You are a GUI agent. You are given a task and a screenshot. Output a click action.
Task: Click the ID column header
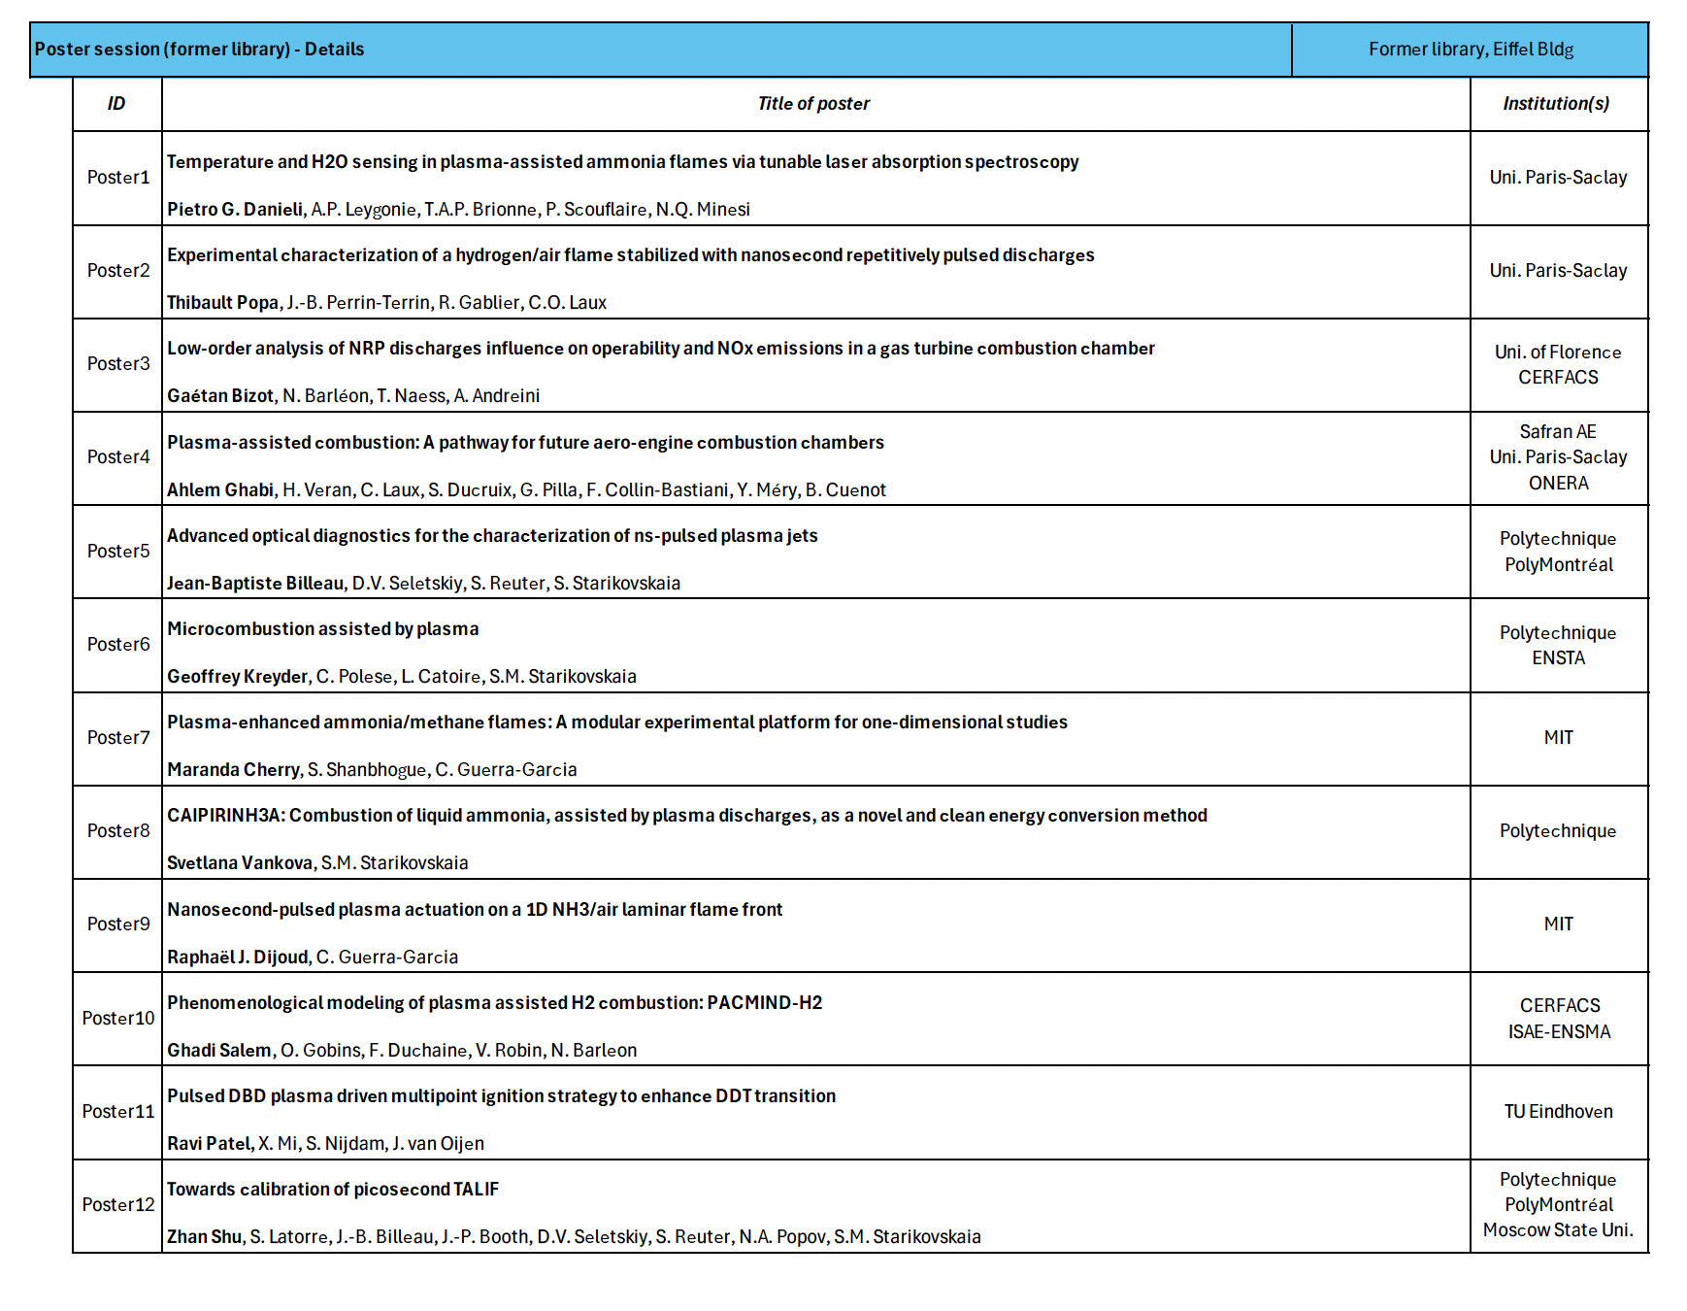point(116,104)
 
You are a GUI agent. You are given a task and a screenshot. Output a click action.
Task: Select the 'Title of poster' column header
point(813,104)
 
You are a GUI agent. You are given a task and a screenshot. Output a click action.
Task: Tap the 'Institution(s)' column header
point(1556,104)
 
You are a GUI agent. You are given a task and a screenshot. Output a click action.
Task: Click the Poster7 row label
point(118,738)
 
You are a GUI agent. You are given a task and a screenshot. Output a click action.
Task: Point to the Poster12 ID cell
point(118,1205)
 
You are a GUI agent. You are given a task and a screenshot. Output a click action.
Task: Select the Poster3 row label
point(118,364)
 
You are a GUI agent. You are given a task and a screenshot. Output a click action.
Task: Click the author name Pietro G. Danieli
point(235,210)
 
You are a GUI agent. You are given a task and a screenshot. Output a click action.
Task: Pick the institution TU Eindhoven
point(1558,1112)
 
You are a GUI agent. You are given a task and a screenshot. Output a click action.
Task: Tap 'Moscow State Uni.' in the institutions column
point(1558,1230)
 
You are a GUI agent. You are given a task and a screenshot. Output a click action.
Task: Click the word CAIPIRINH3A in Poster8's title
point(224,816)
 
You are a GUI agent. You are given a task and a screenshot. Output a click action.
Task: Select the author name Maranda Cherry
point(233,770)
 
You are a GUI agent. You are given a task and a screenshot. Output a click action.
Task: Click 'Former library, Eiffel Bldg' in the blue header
point(1471,50)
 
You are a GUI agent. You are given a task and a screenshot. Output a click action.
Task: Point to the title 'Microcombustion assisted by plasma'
point(322,629)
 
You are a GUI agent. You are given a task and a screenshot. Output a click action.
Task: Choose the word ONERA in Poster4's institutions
point(1558,484)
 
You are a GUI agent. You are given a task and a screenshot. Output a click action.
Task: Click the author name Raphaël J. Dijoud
point(238,958)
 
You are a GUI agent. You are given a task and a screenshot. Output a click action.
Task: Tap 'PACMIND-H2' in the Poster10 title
point(764,1003)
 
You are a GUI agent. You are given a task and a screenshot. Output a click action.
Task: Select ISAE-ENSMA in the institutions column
point(1559,1032)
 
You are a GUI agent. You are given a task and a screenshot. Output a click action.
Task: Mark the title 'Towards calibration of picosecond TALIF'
point(332,1190)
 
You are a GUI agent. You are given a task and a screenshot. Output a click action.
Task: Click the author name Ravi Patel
point(209,1144)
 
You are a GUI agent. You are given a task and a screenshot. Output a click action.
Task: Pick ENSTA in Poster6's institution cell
point(1558,658)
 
